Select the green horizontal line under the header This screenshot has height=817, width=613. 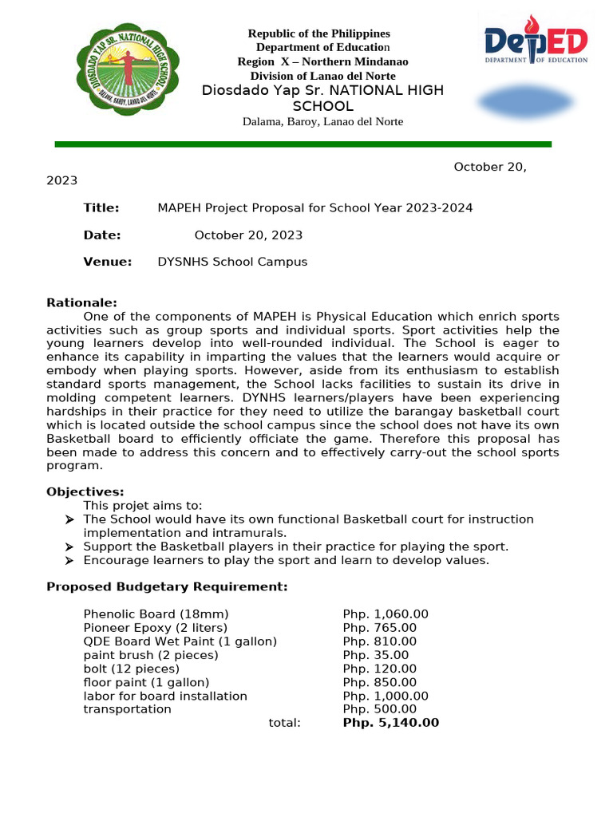(303, 144)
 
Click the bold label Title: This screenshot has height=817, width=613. (101, 208)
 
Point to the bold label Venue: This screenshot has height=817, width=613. (107, 262)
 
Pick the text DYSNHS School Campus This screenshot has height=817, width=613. (232, 262)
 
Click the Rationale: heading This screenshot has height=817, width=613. (81, 302)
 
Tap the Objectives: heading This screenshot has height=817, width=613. (85, 491)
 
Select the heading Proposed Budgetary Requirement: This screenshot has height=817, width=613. (167, 587)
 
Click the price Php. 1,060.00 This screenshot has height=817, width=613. (386, 614)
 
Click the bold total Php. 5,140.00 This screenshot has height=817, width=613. (390, 723)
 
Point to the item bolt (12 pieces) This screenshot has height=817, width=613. (131, 669)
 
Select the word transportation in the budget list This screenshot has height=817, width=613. (127, 709)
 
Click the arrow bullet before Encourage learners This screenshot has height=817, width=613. (69, 561)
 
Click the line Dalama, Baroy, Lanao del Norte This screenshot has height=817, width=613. (322, 121)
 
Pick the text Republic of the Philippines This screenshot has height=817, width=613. (318, 34)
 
